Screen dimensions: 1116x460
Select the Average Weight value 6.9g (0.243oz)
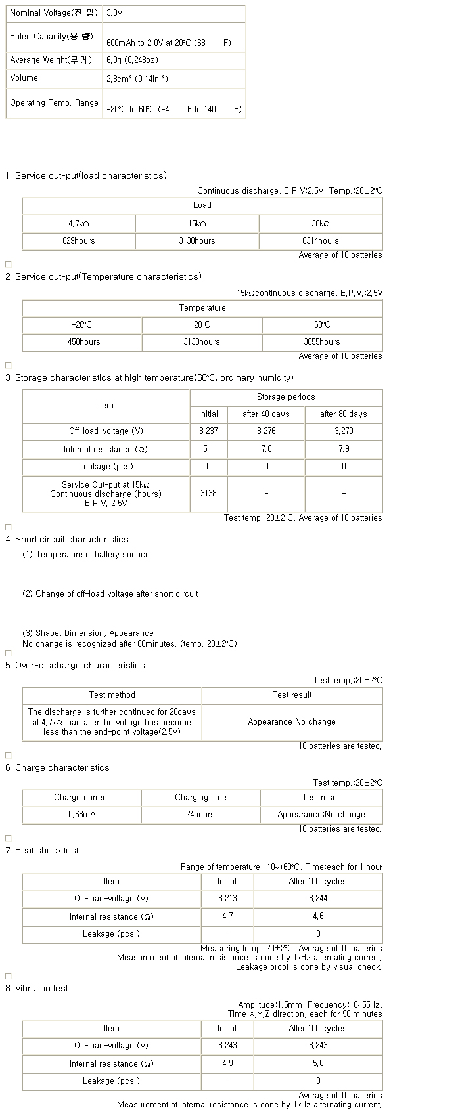click(132, 60)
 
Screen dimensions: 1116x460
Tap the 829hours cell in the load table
click(79, 241)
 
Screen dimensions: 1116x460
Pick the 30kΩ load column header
click(321, 224)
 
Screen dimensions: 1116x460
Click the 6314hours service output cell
click(321, 241)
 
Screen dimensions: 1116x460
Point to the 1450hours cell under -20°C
click(82, 342)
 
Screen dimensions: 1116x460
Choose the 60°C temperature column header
click(322, 325)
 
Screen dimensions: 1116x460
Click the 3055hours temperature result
click(322, 342)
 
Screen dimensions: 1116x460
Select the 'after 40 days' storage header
click(266, 414)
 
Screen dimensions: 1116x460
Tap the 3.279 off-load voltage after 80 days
click(344, 431)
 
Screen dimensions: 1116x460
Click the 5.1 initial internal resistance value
click(208, 449)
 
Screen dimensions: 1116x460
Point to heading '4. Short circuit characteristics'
click(67, 540)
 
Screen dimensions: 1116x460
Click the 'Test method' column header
click(112, 695)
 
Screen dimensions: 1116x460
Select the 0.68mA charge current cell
click(82, 815)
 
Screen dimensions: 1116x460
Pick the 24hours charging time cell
click(200, 815)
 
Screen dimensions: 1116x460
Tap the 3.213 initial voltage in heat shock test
click(227, 899)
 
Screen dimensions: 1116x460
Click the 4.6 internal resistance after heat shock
click(318, 916)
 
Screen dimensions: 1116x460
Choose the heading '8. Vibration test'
click(37, 989)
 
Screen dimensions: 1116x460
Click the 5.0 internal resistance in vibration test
click(318, 1063)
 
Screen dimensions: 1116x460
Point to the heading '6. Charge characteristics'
click(58, 768)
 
